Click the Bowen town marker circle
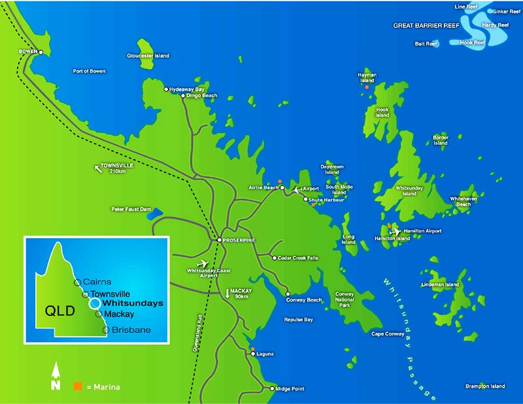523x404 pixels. click(x=41, y=52)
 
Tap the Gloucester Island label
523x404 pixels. click(x=148, y=55)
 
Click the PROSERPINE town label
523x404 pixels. click(x=241, y=240)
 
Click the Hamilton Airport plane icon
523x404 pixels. click(x=394, y=232)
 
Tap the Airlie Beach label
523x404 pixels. click(x=263, y=187)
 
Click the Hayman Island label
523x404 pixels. click(x=367, y=78)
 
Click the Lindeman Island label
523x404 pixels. click(x=441, y=285)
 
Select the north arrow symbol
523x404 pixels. click(x=56, y=377)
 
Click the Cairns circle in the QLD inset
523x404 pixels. click(x=77, y=282)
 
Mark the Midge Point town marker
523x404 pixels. click(x=272, y=389)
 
